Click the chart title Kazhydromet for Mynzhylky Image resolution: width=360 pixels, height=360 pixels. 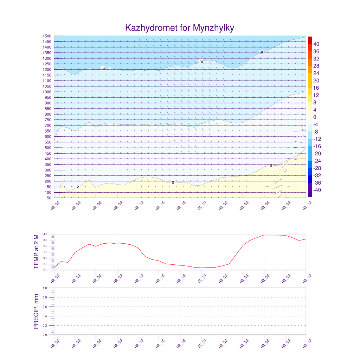[180, 28]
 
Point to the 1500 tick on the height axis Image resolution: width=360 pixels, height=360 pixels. [47, 36]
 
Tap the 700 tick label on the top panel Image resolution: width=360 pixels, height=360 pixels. [47, 126]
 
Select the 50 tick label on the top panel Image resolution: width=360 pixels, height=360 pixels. [49, 198]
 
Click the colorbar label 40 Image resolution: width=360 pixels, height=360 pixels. [317, 44]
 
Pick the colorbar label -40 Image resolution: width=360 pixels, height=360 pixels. [316, 190]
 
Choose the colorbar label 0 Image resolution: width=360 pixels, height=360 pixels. [315, 117]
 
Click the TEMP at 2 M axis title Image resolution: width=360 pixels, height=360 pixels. [36, 252]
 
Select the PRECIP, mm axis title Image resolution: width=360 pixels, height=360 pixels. [36, 311]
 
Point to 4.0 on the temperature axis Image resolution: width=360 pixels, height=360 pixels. [45, 234]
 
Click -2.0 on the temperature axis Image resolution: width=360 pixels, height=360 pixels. [45, 270]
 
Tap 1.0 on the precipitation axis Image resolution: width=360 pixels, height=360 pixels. [45, 288]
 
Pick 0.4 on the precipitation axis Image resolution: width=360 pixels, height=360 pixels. [45, 316]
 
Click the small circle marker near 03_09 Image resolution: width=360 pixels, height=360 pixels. [285, 170]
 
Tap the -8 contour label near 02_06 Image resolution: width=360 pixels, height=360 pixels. [103, 68]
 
